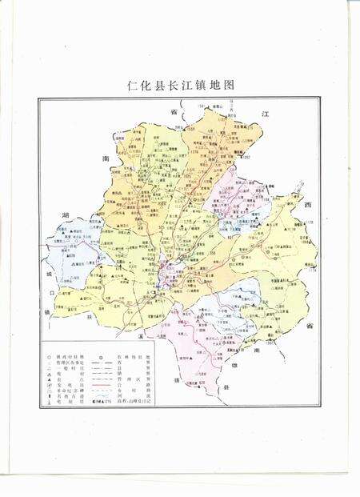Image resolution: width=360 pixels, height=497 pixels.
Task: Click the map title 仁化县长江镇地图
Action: point(179,84)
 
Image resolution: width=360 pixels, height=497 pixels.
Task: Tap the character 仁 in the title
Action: point(133,84)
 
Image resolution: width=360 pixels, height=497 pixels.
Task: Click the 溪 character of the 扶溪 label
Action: point(139,339)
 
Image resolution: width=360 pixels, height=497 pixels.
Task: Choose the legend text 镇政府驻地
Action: point(68,357)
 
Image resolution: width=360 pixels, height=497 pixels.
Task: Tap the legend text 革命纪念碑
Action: point(68,393)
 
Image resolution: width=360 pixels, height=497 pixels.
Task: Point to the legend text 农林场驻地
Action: point(134,357)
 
